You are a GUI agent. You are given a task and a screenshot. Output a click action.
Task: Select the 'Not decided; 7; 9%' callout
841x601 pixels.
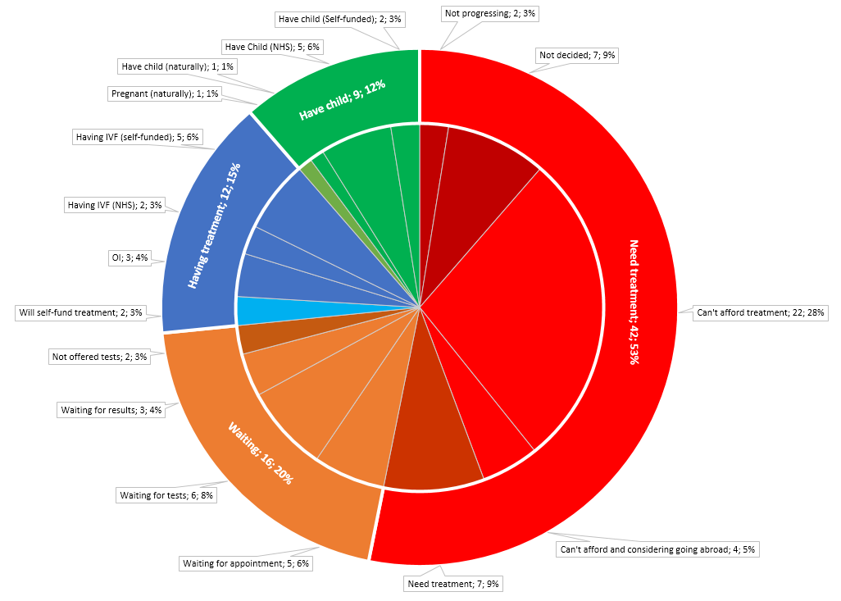(577, 56)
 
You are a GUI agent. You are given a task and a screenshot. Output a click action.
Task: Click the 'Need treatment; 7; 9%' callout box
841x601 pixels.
(453, 584)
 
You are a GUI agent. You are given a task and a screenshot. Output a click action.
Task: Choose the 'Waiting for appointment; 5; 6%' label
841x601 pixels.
(246, 563)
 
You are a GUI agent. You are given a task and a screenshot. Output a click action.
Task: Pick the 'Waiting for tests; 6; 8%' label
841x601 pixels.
(167, 495)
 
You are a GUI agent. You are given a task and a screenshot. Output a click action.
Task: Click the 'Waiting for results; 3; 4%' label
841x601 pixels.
(111, 409)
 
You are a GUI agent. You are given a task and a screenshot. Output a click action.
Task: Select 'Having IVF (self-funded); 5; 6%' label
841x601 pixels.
(137, 136)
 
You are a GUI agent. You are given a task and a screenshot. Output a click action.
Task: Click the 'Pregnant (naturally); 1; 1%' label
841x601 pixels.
(165, 94)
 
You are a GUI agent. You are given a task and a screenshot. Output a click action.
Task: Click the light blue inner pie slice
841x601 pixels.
(246, 311)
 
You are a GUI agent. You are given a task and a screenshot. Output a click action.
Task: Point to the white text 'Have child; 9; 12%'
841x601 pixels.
(342, 101)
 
